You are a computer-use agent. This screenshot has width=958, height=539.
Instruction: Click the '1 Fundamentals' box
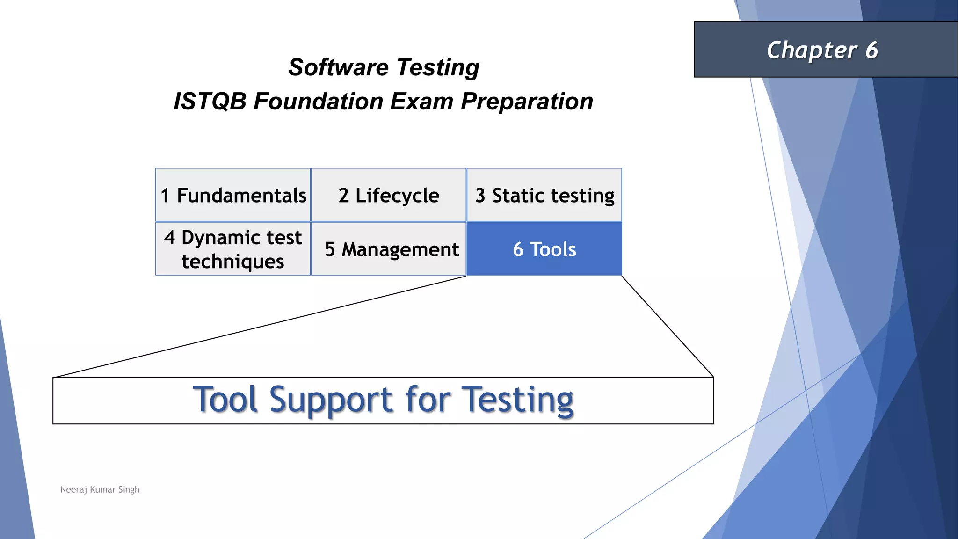pyautogui.click(x=233, y=195)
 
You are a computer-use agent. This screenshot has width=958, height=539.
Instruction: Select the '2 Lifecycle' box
pyautogui.click(x=388, y=195)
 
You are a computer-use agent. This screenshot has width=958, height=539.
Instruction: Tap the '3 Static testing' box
pyautogui.click(x=544, y=195)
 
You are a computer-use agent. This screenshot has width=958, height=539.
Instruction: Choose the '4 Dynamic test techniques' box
pyautogui.click(x=233, y=249)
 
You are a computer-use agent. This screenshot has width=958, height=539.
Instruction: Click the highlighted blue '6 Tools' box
pyautogui.click(x=544, y=249)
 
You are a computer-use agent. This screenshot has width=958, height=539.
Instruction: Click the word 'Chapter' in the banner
pyautogui.click(x=812, y=51)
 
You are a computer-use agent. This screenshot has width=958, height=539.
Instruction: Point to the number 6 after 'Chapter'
pyautogui.click(x=871, y=50)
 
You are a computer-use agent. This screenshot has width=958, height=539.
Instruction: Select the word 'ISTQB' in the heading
pyautogui.click(x=210, y=101)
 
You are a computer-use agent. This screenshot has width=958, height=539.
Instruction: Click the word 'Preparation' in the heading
pyautogui.click(x=527, y=101)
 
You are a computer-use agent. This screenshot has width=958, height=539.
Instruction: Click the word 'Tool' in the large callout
pyautogui.click(x=225, y=400)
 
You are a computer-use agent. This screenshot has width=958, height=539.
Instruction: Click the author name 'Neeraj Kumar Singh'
pyautogui.click(x=100, y=489)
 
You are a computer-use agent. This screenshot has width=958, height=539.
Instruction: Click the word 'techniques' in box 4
pyautogui.click(x=233, y=262)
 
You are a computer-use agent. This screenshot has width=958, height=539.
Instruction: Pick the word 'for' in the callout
pyautogui.click(x=428, y=400)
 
